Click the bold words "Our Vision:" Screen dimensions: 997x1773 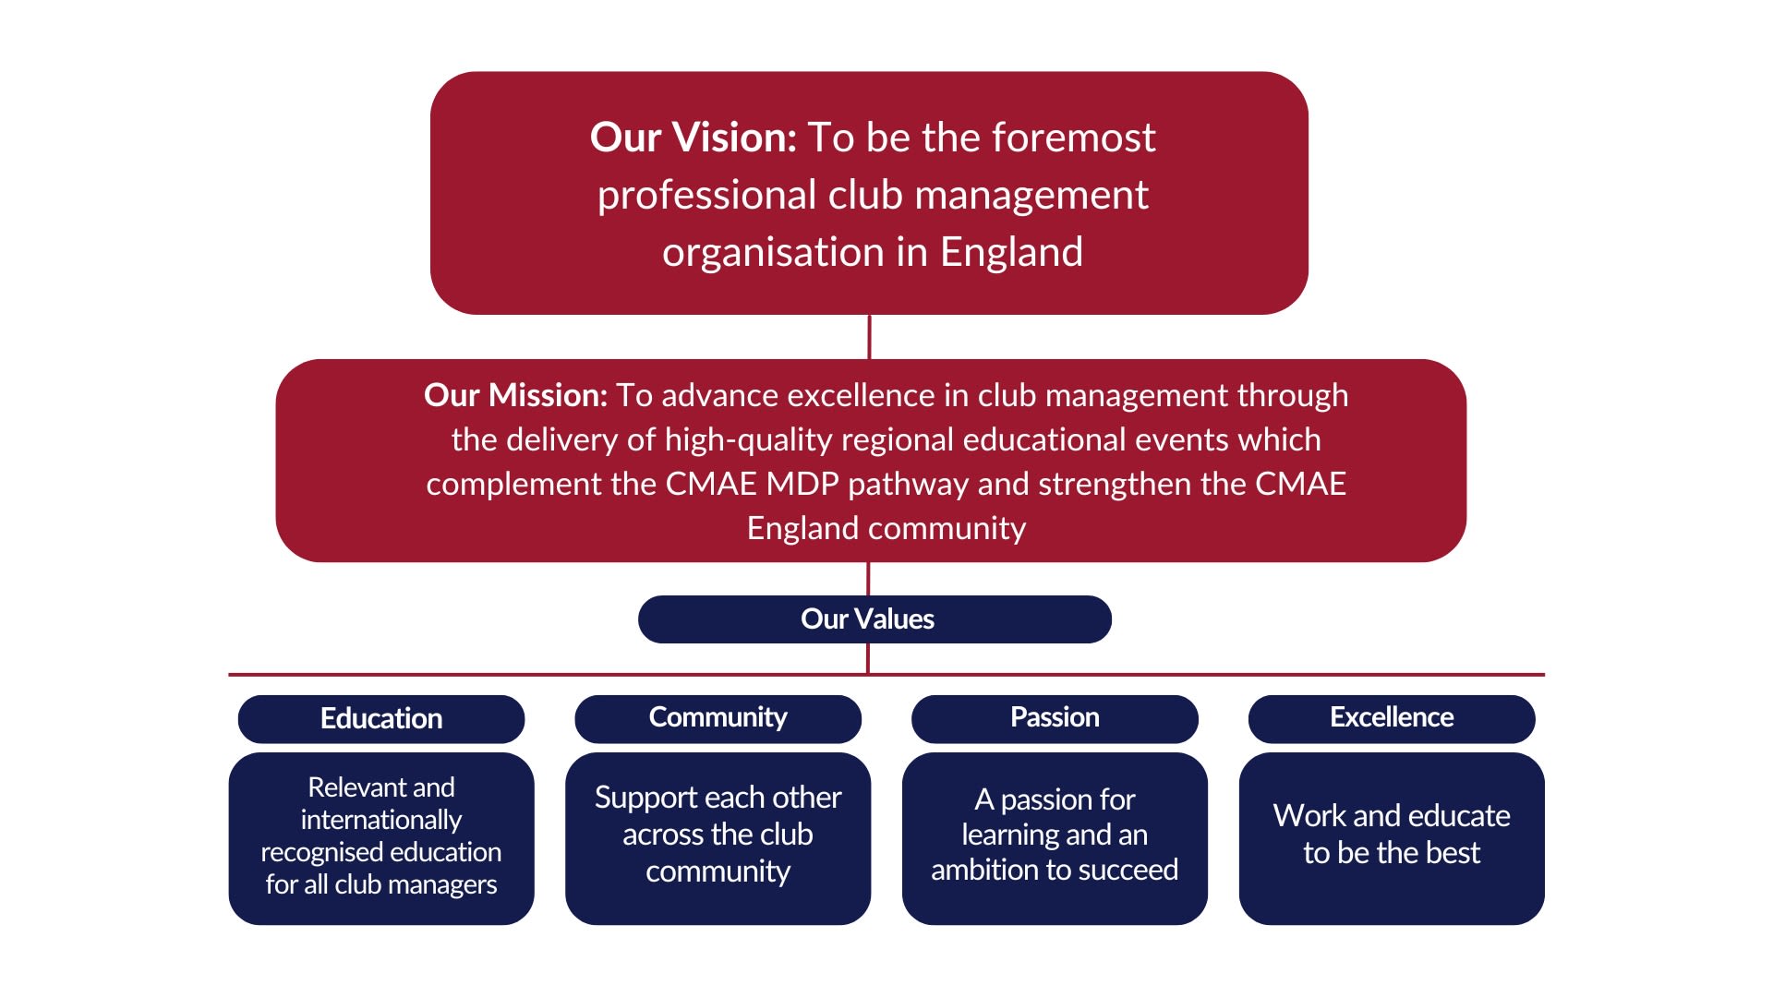click(693, 138)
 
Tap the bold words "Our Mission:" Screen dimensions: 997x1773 click(515, 395)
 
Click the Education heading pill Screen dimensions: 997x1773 click(380, 719)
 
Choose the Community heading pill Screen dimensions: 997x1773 click(718, 718)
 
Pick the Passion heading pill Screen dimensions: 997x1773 click(1055, 718)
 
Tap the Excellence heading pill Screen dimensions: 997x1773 click(1391, 718)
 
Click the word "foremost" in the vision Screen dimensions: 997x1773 click(1072, 138)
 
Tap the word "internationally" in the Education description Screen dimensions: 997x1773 click(380, 820)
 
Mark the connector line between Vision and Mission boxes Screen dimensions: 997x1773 click(869, 337)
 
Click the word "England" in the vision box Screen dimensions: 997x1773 click(1011, 252)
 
